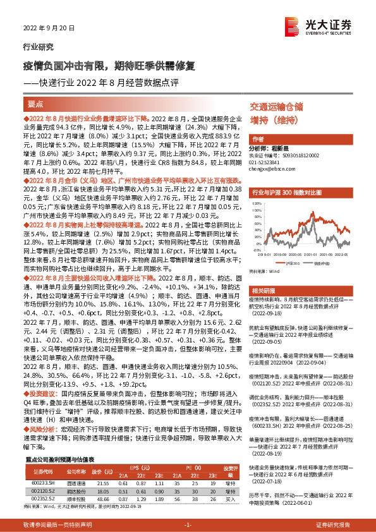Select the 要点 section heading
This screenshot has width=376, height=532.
click(36, 103)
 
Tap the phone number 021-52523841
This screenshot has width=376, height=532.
click(267, 162)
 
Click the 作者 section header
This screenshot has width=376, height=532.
click(258, 138)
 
